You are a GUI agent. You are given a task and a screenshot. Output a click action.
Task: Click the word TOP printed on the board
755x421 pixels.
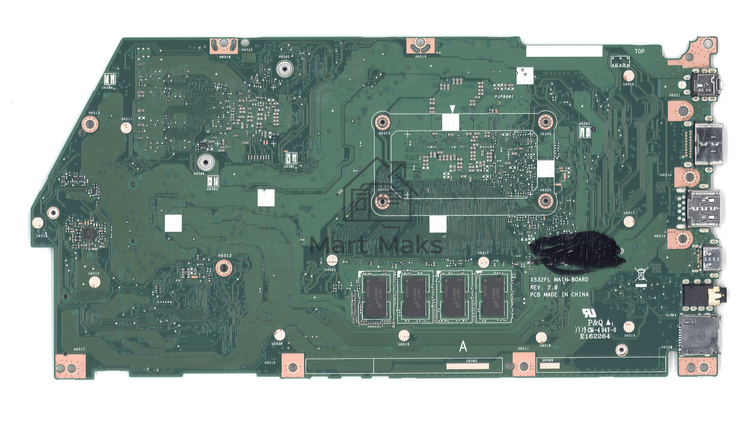[639, 51]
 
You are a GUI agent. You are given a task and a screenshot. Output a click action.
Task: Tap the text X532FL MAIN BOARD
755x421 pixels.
[559, 279]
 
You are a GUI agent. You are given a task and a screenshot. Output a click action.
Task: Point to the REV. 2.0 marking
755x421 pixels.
[544, 287]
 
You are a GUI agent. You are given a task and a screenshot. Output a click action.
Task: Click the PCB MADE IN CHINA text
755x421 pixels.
[559, 295]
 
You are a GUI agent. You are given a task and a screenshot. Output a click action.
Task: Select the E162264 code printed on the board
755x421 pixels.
[595, 336]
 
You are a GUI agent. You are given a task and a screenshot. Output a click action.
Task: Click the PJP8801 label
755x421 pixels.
[504, 96]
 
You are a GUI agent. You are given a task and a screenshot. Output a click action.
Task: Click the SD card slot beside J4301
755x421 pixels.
[700, 335]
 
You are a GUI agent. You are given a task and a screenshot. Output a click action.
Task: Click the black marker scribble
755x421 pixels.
[576, 250]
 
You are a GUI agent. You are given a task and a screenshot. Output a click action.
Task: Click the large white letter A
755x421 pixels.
[463, 346]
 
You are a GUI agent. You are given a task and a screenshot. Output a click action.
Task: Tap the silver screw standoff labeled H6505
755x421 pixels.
[284, 69]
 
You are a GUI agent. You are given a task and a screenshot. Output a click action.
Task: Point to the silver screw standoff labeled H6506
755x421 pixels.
[206, 163]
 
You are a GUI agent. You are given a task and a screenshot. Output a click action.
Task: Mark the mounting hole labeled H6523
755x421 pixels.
[382, 123]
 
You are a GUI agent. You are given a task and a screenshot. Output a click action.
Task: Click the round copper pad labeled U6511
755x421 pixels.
[126, 127]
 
